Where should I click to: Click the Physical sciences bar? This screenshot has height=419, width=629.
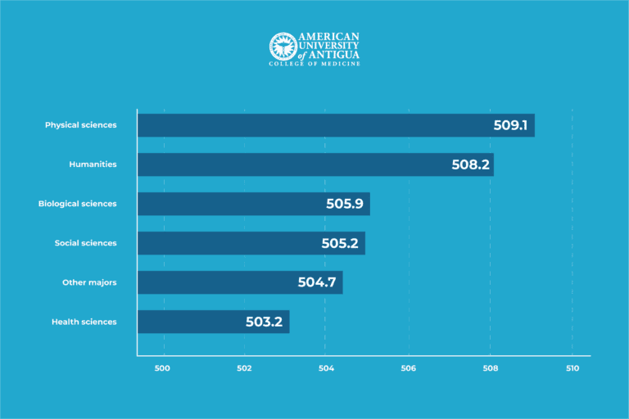[x=336, y=125]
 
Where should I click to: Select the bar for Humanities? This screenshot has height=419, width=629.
[x=315, y=164]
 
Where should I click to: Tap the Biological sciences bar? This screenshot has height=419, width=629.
[x=254, y=204]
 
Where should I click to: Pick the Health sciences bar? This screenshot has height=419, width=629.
[x=213, y=322]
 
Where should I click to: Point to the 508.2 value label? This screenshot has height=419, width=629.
[x=471, y=164]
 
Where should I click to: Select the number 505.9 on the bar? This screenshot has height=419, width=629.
[x=345, y=204]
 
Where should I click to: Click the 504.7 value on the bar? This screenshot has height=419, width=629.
[x=318, y=282]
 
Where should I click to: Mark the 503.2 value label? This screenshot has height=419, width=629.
[x=264, y=322]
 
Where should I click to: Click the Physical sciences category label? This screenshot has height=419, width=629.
[x=80, y=125]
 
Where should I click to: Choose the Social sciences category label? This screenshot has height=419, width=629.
[x=85, y=243]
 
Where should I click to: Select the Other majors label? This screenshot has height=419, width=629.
[x=89, y=282]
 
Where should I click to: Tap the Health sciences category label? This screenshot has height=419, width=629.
[x=84, y=322]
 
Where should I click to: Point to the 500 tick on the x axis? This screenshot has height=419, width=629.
[x=162, y=368]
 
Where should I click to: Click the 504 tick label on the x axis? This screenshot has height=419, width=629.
[x=326, y=368]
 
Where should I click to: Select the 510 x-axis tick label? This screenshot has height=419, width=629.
[x=572, y=368]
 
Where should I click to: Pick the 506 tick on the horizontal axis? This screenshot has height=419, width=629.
[x=408, y=368]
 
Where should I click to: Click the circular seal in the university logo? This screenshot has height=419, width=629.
[x=282, y=46]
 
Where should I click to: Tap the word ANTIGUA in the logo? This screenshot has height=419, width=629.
[x=336, y=54]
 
